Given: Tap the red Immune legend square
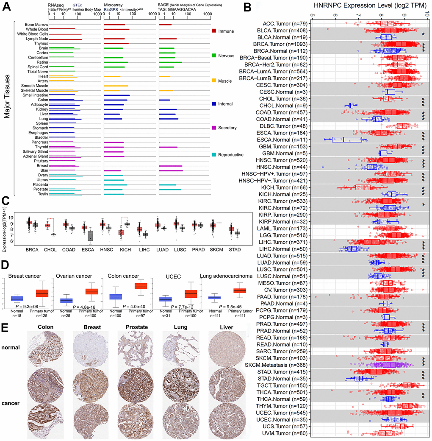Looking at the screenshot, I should point(214,31).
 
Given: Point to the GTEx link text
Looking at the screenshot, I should point(77,3).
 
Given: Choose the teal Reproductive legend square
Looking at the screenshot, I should point(214,155).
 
